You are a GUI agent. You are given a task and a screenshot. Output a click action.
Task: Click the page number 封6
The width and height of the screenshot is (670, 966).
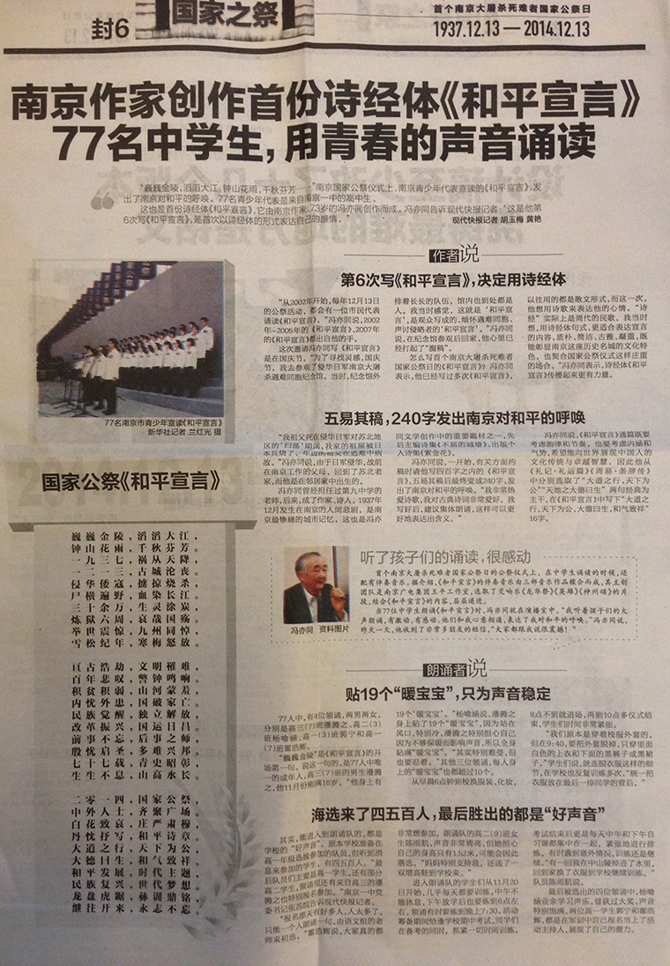pyautogui.click(x=111, y=27)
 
